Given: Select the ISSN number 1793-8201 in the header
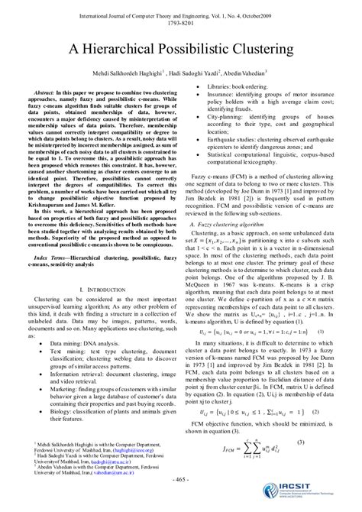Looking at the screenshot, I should click(181, 21).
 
